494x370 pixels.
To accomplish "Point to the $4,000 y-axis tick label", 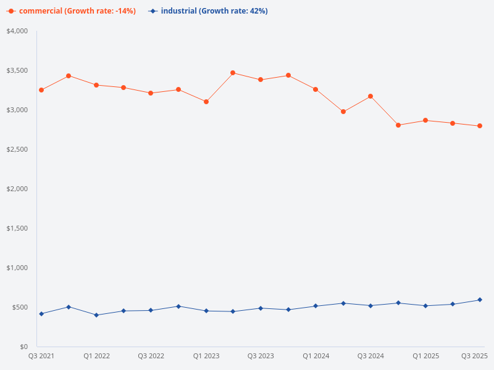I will point(17,31).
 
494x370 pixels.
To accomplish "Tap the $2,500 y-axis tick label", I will point(17,149).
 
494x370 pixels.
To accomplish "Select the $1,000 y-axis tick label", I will point(17,268).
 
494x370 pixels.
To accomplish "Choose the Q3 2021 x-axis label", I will point(41,356).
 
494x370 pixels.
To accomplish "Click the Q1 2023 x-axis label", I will point(206,356).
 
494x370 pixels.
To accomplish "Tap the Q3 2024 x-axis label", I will point(371,356).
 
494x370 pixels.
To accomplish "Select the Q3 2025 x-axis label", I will point(474,356).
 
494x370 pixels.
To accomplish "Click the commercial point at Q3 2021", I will point(41,90).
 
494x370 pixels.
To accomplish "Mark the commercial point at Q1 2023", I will point(206,102).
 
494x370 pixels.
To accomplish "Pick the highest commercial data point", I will point(233,73).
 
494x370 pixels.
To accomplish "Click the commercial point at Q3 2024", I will point(371,96).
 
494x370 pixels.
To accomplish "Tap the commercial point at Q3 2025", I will point(480,126).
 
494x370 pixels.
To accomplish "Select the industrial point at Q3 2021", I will point(41,314).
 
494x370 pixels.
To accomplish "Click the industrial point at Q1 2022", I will point(96,315).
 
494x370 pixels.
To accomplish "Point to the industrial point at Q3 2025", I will point(480,300).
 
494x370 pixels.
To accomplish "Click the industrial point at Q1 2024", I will point(316,306).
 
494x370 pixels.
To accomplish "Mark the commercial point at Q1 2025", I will point(425,120).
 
